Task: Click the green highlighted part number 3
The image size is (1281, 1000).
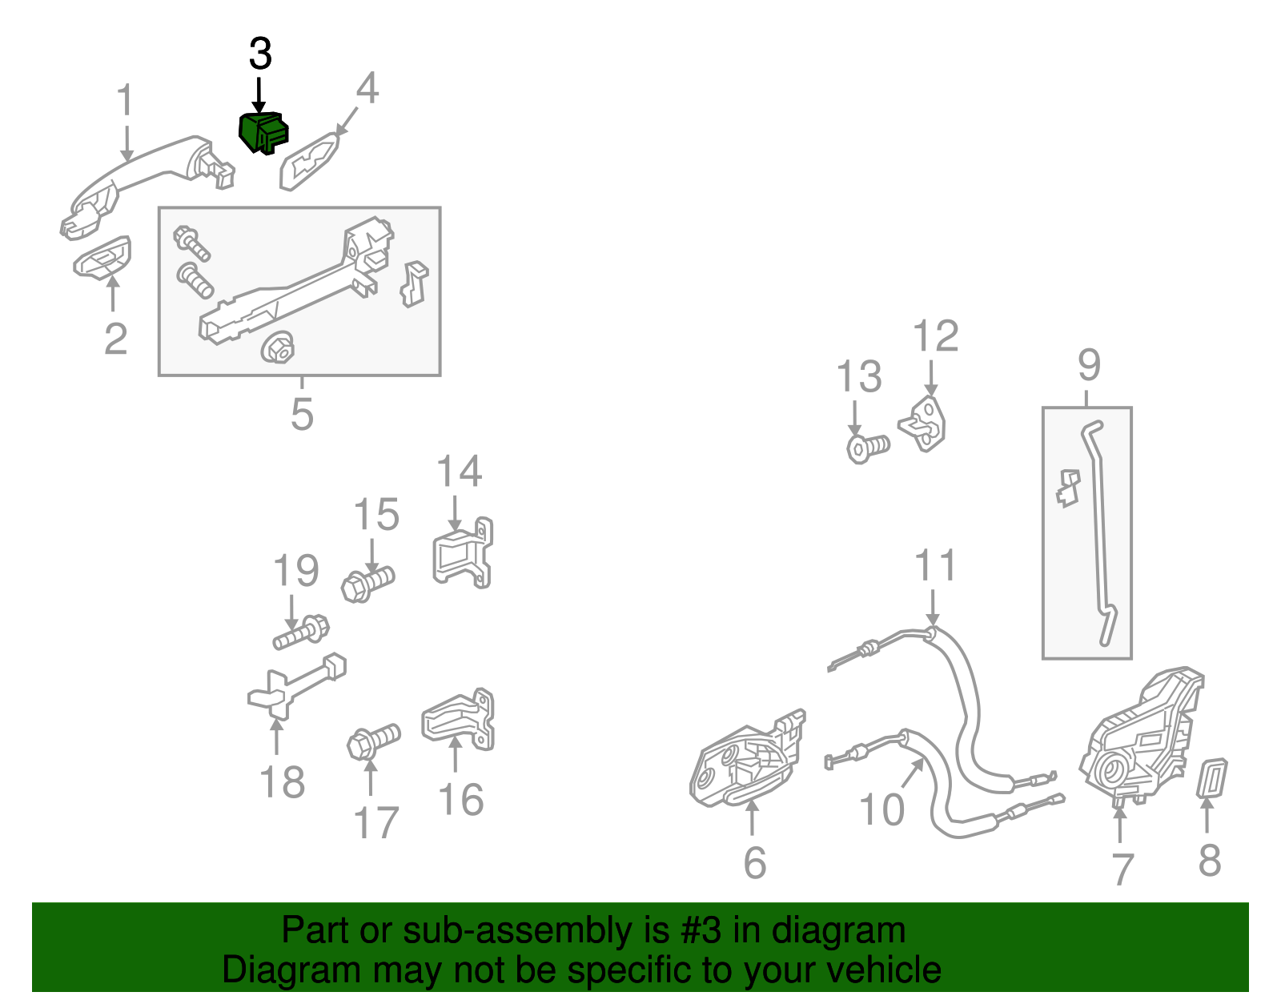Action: click(x=263, y=133)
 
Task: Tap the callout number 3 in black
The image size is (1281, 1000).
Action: click(x=260, y=54)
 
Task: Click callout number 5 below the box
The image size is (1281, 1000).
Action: click(x=302, y=414)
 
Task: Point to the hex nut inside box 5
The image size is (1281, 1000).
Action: click(x=278, y=347)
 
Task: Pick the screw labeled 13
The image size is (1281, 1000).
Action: click(x=868, y=448)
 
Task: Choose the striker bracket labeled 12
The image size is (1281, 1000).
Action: click(x=923, y=424)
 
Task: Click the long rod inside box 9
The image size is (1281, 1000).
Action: click(x=1098, y=533)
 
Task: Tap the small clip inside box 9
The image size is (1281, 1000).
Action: click(x=1067, y=488)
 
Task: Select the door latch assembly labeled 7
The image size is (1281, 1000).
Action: click(x=1141, y=737)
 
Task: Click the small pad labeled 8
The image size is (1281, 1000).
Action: click(x=1214, y=778)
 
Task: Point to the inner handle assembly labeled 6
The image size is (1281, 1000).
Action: click(x=746, y=757)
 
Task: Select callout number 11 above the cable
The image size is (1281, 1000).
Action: click(x=935, y=565)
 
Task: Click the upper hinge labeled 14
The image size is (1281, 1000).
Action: click(x=463, y=553)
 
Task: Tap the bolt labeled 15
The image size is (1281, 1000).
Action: click(x=367, y=584)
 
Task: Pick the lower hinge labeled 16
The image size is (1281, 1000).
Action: click(x=459, y=719)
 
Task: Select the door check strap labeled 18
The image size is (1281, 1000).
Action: click(x=296, y=686)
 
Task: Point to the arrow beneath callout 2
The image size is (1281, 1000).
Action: click(x=113, y=292)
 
